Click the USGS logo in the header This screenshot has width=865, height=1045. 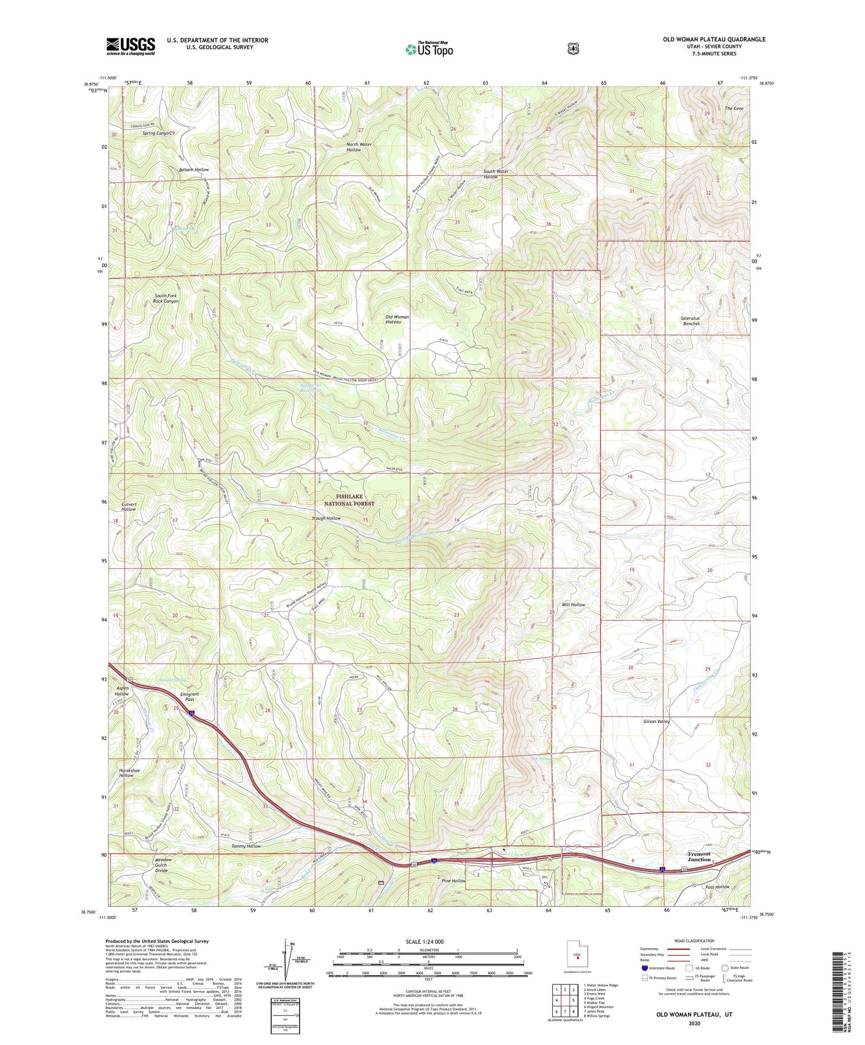[131, 46]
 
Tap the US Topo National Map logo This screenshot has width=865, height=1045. [429, 49]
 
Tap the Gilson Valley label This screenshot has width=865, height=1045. [656, 721]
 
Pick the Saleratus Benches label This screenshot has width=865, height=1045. [691, 321]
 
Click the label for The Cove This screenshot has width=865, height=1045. [734, 108]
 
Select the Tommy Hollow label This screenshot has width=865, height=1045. [246, 846]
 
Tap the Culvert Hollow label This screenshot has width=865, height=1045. [129, 507]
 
